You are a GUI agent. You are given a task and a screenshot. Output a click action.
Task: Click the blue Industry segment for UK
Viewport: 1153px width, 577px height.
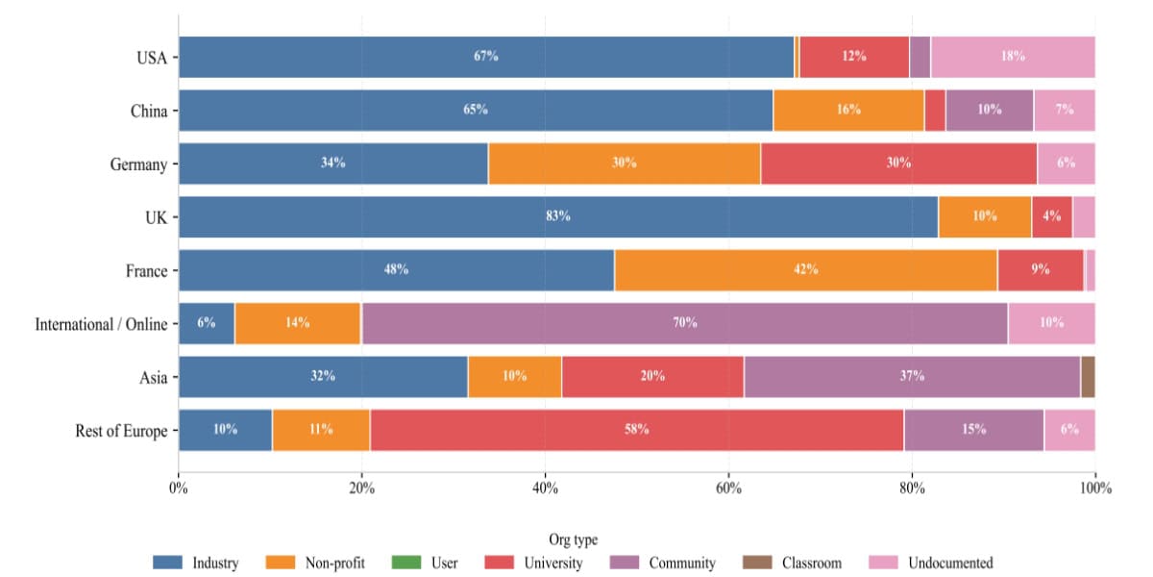tap(557, 216)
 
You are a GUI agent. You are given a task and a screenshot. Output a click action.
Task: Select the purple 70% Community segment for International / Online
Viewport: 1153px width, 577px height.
tap(684, 323)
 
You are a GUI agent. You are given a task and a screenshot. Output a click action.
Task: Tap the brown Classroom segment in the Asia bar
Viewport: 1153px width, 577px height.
tap(1088, 376)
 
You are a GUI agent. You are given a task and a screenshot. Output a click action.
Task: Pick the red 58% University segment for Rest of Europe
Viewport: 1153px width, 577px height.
tap(636, 429)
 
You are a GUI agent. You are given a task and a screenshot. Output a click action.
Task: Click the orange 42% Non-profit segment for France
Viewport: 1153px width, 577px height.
tap(805, 270)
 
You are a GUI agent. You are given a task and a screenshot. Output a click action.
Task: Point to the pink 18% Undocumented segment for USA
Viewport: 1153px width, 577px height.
tap(1013, 57)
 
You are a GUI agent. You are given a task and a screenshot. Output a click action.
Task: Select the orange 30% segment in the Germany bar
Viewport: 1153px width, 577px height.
tap(624, 163)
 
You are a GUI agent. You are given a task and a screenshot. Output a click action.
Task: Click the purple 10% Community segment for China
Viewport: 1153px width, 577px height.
tap(989, 110)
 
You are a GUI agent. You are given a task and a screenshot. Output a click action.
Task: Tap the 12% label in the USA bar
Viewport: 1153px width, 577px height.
tap(854, 57)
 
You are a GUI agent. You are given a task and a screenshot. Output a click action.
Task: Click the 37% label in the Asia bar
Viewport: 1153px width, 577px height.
tap(912, 376)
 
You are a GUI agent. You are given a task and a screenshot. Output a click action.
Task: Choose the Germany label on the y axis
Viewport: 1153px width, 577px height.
tap(138, 164)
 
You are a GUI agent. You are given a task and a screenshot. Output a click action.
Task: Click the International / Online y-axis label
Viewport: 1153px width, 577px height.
tap(101, 324)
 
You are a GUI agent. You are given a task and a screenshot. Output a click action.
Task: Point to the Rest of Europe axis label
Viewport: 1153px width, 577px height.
tap(121, 431)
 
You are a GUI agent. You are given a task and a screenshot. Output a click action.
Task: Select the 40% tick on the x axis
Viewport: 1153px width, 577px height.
tap(545, 488)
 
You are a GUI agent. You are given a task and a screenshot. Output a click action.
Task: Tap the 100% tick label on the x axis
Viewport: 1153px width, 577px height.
tap(1094, 488)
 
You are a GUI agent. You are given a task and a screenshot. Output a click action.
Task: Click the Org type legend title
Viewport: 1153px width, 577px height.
tap(574, 540)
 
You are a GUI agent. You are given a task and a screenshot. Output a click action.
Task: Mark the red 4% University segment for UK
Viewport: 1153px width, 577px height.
tap(1051, 216)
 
